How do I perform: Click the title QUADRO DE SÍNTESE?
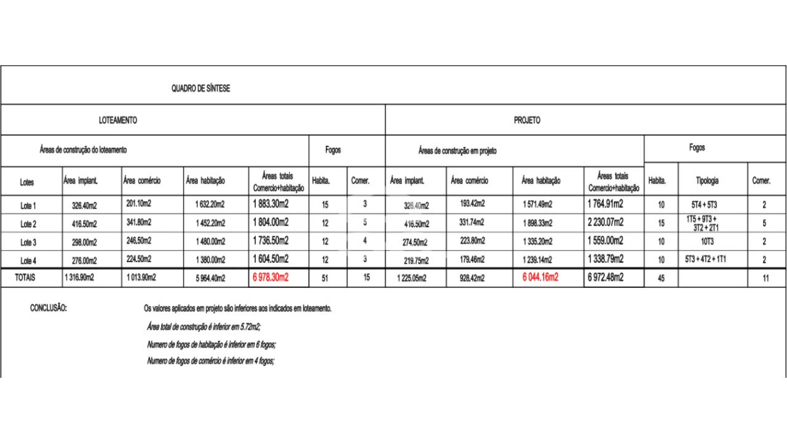point(200,89)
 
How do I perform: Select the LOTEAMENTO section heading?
point(118,121)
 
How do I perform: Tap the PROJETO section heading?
point(527,121)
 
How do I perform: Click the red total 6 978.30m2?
point(271,277)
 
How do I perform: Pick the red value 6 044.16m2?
point(540,277)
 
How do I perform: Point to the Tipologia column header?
point(707,181)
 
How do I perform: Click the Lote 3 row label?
point(28,242)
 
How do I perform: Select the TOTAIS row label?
point(25,277)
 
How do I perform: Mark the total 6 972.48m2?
point(606,277)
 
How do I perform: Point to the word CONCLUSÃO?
point(49,308)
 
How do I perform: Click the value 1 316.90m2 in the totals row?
point(79,278)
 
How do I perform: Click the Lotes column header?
point(27,182)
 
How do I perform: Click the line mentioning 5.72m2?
point(208,327)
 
